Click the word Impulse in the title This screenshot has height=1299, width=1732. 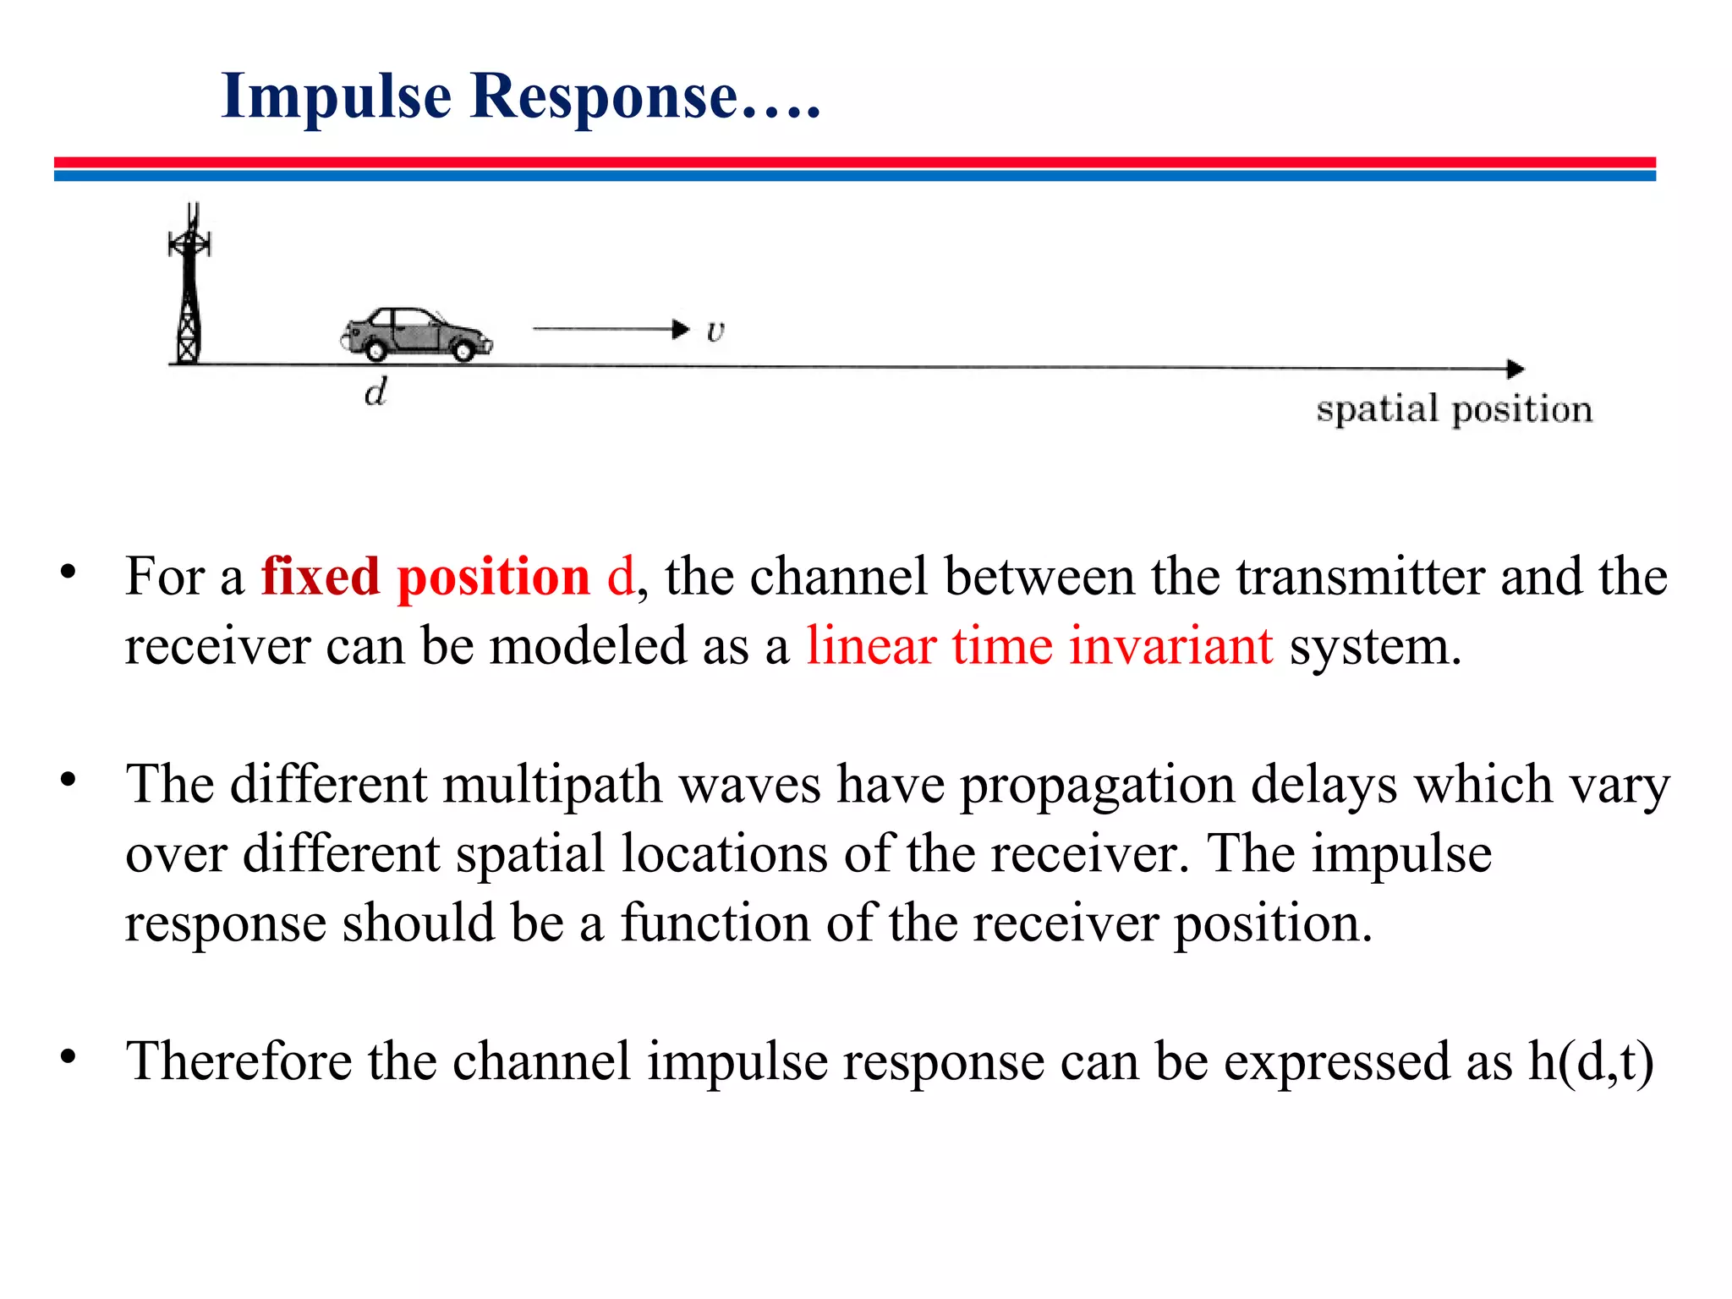point(336,96)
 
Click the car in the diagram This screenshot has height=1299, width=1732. point(416,334)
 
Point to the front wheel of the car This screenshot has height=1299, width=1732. point(463,348)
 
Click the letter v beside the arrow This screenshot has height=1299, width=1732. point(715,331)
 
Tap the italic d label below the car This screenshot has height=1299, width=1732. point(375,392)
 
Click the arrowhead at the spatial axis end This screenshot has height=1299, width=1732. point(1515,369)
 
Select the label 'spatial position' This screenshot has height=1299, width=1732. point(1454,409)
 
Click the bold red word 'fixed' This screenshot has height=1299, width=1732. point(321,577)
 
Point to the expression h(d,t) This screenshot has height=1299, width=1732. point(1591,1061)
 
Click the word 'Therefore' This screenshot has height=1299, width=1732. point(238,1061)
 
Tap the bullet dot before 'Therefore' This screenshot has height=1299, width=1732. point(69,1056)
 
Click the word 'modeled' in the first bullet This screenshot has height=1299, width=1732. point(588,646)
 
